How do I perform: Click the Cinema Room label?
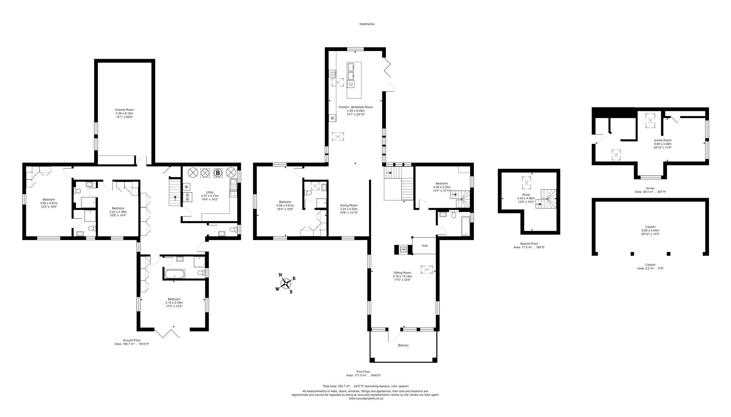point(124,110)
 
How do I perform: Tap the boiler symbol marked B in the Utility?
point(218,173)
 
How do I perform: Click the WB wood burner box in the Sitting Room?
point(403,249)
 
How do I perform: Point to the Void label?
point(424,246)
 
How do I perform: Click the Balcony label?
point(403,345)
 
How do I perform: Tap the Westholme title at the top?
point(367,24)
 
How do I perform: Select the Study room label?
point(526,195)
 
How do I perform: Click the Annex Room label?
point(662,140)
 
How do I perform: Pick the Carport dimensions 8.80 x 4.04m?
point(650,231)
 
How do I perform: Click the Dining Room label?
point(349,205)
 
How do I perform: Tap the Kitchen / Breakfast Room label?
point(356,107)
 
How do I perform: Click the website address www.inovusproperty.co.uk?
point(366,398)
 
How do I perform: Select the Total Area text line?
point(365,386)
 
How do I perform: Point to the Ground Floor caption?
point(132,340)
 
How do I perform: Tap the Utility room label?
point(210,192)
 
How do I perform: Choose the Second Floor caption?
point(529,244)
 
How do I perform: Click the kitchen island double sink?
point(351,72)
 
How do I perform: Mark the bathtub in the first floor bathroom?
point(465,225)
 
